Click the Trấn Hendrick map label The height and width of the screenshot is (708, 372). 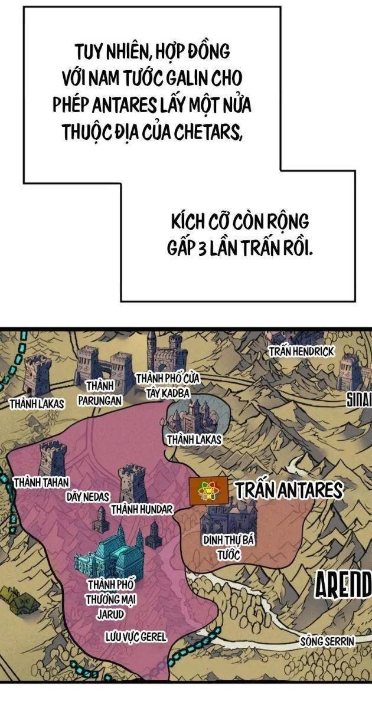(301, 352)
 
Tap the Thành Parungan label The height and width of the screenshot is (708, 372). (99, 393)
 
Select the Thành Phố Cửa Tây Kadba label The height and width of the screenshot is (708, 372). (169, 383)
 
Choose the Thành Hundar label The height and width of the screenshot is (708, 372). (141, 509)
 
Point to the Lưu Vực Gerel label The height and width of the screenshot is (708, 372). (135, 637)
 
